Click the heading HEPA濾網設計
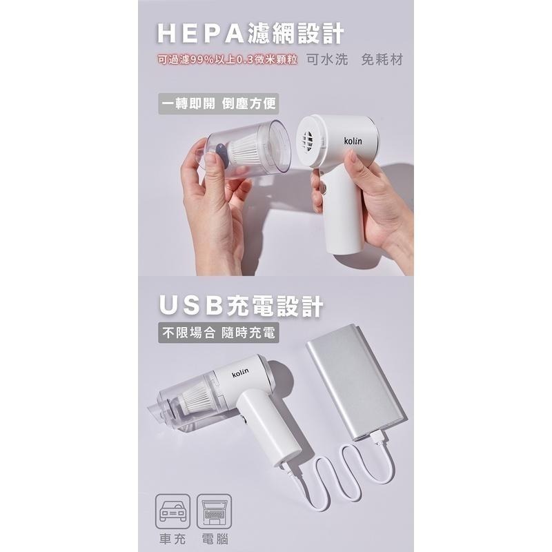point(250,34)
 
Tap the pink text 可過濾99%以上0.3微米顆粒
point(228,59)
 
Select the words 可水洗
point(327,59)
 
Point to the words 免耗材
point(382,59)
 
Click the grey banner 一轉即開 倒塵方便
point(218,103)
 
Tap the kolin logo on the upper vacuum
point(353,141)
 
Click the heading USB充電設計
point(241,306)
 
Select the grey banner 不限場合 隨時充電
point(218,333)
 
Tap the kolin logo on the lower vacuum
point(240,373)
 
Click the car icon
point(173,511)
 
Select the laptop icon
point(214,511)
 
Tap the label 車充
point(172,540)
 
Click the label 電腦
point(215,540)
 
